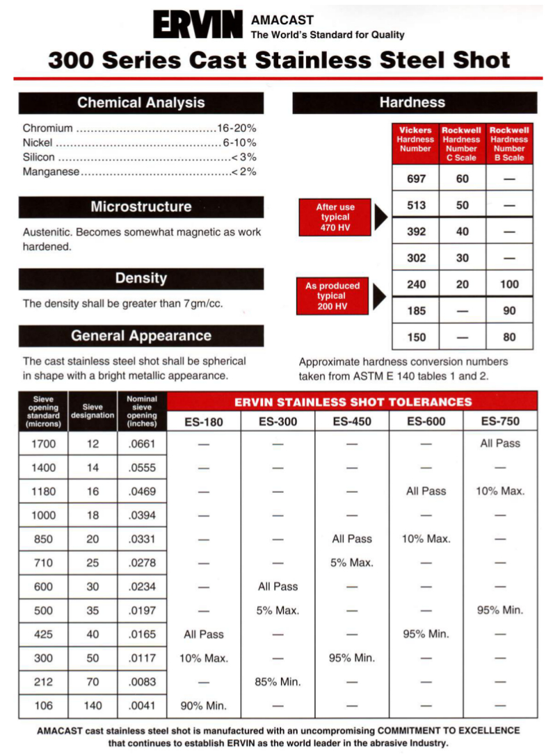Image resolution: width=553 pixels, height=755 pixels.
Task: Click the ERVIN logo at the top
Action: [x=198, y=26]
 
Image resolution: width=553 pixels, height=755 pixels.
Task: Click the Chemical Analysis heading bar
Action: [x=141, y=103]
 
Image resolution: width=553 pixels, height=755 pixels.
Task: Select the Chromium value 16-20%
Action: [x=237, y=129]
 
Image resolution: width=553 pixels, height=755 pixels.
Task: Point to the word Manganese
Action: [x=51, y=171]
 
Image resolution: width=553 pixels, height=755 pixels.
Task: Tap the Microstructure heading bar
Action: [x=141, y=206]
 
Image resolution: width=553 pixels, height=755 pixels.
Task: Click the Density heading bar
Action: [x=141, y=278]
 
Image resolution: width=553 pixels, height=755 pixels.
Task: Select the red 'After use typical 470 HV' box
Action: [x=336, y=218]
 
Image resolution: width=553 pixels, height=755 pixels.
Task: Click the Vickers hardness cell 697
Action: [x=416, y=179]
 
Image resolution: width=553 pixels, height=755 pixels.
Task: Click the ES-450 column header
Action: [x=351, y=421]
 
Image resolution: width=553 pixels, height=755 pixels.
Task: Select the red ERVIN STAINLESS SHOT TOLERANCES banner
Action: [x=353, y=401]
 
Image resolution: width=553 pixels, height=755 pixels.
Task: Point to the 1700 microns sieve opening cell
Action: [x=43, y=444]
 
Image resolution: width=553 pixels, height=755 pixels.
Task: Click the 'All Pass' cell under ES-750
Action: [x=499, y=444]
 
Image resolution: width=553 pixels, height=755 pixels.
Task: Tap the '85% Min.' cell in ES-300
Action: [x=278, y=682]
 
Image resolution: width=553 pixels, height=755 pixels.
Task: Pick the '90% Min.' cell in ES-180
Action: [x=203, y=706]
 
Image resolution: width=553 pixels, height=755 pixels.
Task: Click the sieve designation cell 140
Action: [x=93, y=706]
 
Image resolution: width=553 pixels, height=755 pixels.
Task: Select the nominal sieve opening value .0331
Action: [x=142, y=539]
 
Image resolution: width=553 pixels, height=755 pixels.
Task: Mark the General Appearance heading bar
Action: [x=141, y=336]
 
